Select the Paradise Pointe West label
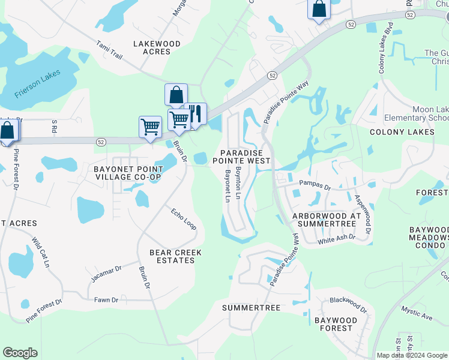pyautogui.click(x=244, y=157)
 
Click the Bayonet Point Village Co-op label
pyautogui.click(x=127, y=173)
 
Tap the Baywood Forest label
pyautogui.click(x=337, y=324)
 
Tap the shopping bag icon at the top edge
pyautogui.click(x=319, y=9)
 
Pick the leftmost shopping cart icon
pyautogui.click(x=149, y=126)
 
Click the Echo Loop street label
pyautogui.click(x=184, y=219)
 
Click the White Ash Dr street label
pyautogui.click(x=336, y=239)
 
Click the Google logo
pyautogui.click(x=20, y=353)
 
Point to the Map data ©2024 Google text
pyautogui.click(x=412, y=355)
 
